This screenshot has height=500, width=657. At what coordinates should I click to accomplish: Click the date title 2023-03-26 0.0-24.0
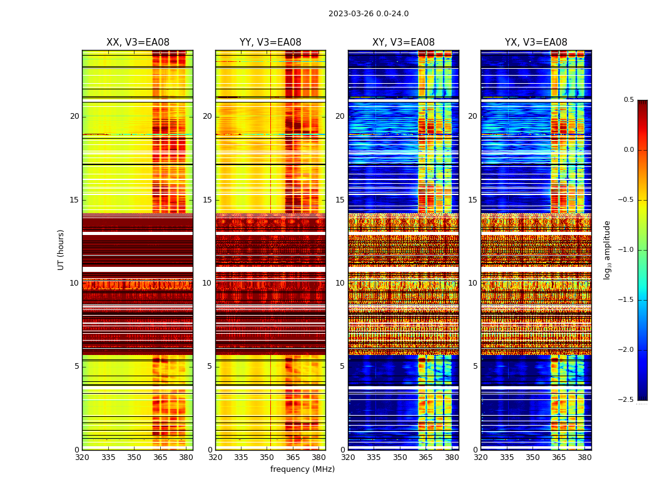point(369,14)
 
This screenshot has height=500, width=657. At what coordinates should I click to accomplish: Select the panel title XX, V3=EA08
point(138,42)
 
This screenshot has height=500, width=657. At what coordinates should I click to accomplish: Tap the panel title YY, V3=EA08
point(270,42)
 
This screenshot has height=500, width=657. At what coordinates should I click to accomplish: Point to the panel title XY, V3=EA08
point(404,42)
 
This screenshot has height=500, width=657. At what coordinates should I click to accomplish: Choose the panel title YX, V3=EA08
point(536,42)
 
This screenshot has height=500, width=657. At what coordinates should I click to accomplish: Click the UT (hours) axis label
point(61,249)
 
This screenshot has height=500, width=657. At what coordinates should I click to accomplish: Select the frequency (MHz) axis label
point(302,469)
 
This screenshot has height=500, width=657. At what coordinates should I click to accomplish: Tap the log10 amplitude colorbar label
point(607,249)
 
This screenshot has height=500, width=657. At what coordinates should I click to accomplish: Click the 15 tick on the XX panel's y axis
point(74,200)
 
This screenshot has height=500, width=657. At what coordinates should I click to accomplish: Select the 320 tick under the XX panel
point(82,457)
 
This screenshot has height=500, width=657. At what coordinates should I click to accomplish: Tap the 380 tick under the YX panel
point(584,457)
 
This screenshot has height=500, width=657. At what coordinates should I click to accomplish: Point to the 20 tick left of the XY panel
point(340,116)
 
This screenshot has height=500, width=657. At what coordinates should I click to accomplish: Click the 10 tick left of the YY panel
point(207,283)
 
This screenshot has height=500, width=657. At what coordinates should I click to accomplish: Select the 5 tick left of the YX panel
point(475,366)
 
